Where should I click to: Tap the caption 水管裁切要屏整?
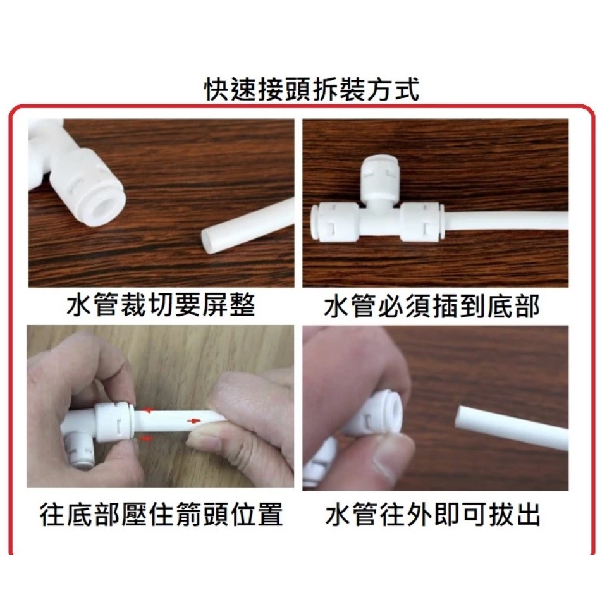[161, 305]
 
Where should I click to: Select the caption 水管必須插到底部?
[432, 307]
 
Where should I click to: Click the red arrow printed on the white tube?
[193, 419]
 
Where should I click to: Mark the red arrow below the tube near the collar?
[145, 437]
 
